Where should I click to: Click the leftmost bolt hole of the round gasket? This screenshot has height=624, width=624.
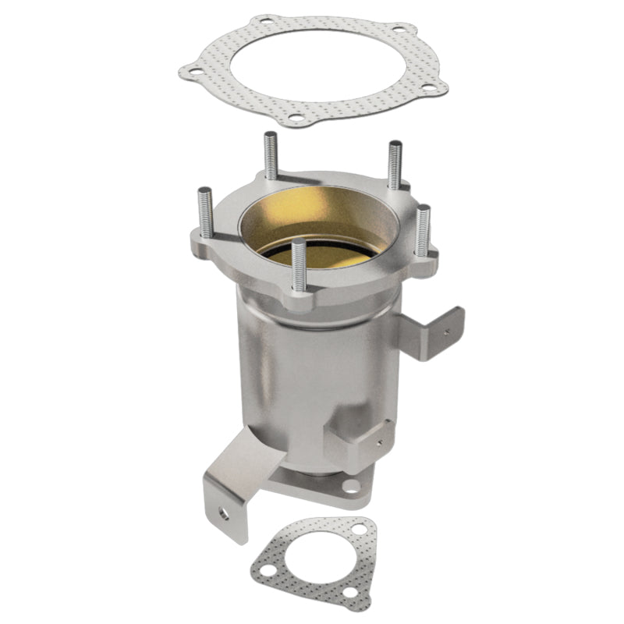(x=196, y=74)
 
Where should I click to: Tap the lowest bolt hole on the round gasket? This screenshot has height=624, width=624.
(x=296, y=119)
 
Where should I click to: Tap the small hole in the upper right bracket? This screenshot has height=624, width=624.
(x=445, y=330)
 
